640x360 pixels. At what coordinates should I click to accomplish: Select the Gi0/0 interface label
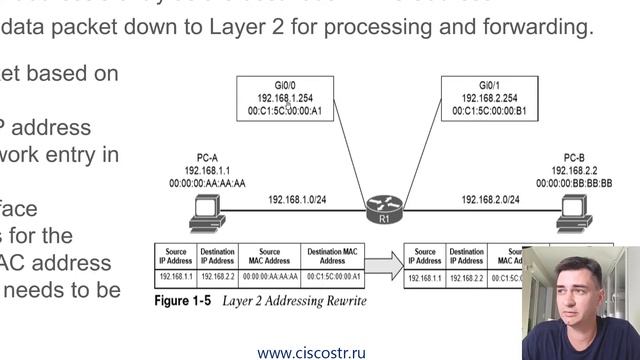coord(287,87)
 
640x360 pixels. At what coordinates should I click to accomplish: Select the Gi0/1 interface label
coord(489,87)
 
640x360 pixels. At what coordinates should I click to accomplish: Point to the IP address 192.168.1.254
coord(287,100)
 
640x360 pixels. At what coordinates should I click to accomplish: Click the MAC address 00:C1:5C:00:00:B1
coord(489,112)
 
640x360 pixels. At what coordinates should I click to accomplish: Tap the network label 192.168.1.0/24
coord(296,200)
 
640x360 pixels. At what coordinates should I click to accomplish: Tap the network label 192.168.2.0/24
coord(490,200)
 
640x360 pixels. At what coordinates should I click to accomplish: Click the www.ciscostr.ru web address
coord(310,352)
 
